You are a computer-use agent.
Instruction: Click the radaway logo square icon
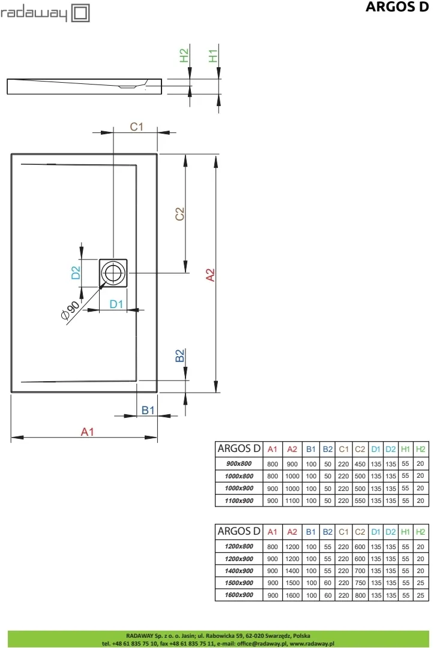point(81,13)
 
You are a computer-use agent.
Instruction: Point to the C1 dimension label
point(137,126)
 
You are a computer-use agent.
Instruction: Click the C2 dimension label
point(179,214)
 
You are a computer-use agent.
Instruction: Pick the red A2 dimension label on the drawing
point(210,274)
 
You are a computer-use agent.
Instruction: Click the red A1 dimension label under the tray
point(88,432)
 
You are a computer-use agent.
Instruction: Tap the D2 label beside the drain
point(76,273)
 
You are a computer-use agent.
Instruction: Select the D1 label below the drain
point(116,304)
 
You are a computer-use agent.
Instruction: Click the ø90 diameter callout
point(70,312)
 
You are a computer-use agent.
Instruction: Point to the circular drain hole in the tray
point(113,273)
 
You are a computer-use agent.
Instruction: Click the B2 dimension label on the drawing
point(179,355)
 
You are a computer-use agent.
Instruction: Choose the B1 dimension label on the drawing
point(148,410)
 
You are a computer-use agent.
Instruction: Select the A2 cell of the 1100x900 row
point(292,501)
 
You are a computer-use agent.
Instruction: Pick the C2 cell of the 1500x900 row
point(360,583)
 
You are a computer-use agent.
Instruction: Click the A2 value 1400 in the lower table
point(292,570)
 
